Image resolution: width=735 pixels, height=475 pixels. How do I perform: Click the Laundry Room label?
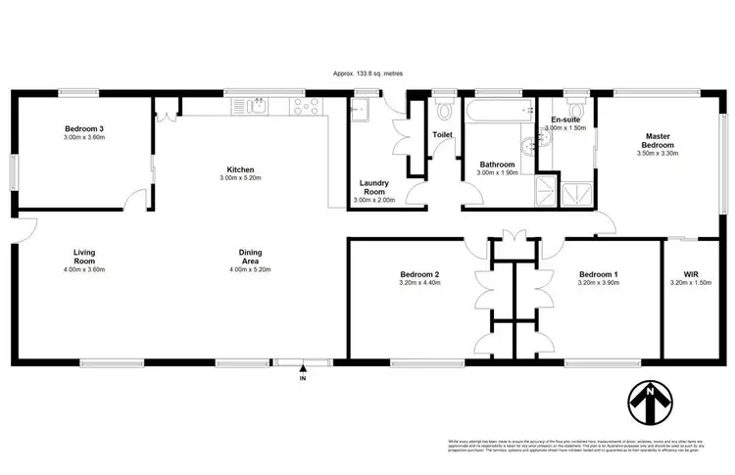coord(375,187)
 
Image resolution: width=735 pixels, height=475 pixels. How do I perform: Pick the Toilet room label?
coord(442,135)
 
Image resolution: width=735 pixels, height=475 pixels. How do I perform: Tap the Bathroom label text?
coord(498,164)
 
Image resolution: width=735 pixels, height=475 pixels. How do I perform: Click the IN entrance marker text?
coord(303,377)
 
